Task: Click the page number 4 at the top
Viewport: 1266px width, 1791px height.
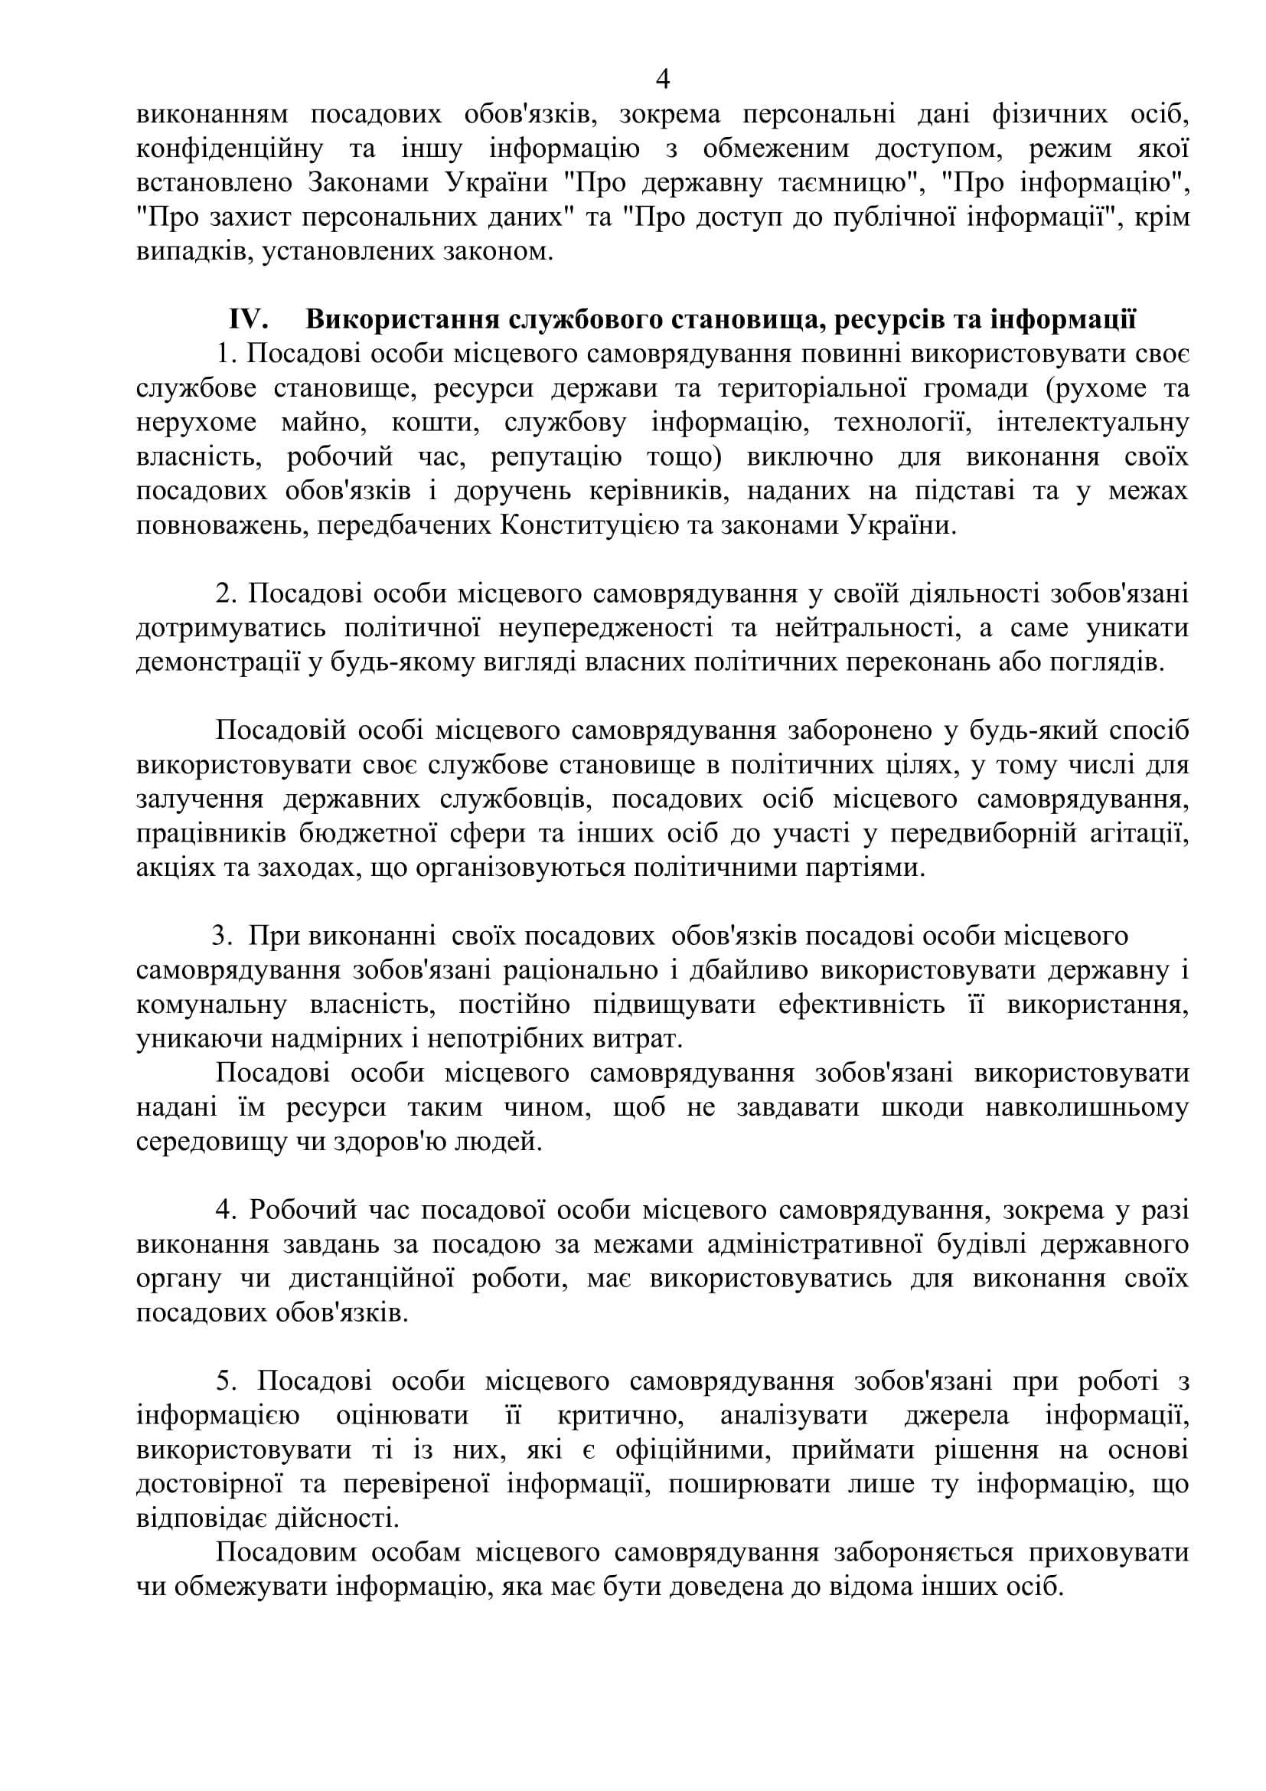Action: (664, 79)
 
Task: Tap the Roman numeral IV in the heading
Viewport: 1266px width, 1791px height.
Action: (249, 319)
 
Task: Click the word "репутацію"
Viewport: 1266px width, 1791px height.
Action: (556, 456)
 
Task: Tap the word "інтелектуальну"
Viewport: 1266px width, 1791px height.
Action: (1093, 422)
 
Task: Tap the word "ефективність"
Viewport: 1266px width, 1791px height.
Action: (861, 1005)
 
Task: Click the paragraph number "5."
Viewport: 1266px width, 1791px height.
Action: (226, 1381)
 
